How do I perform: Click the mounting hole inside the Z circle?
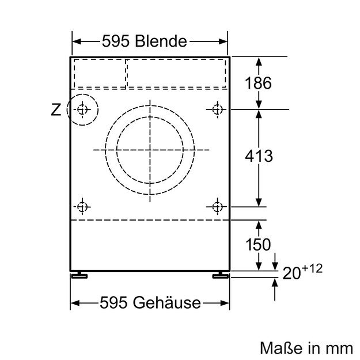(82, 108)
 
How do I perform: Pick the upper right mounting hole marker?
(217, 108)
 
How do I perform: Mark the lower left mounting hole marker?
(82, 206)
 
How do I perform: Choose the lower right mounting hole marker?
(217, 206)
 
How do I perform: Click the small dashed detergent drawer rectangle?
(99, 73)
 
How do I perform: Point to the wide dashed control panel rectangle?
(176, 73)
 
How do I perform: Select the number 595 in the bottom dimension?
(113, 302)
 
